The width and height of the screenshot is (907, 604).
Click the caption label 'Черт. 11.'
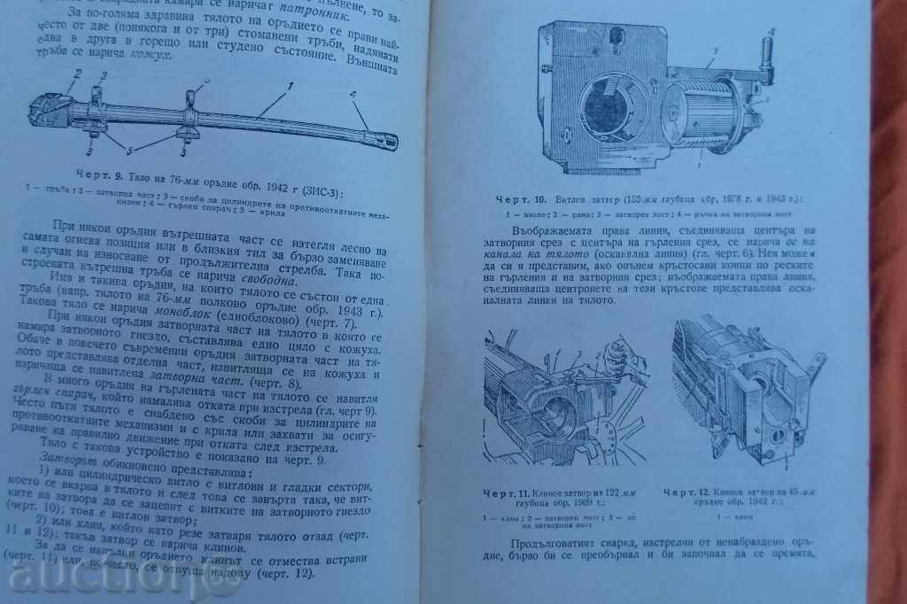pyautogui.click(x=503, y=492)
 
